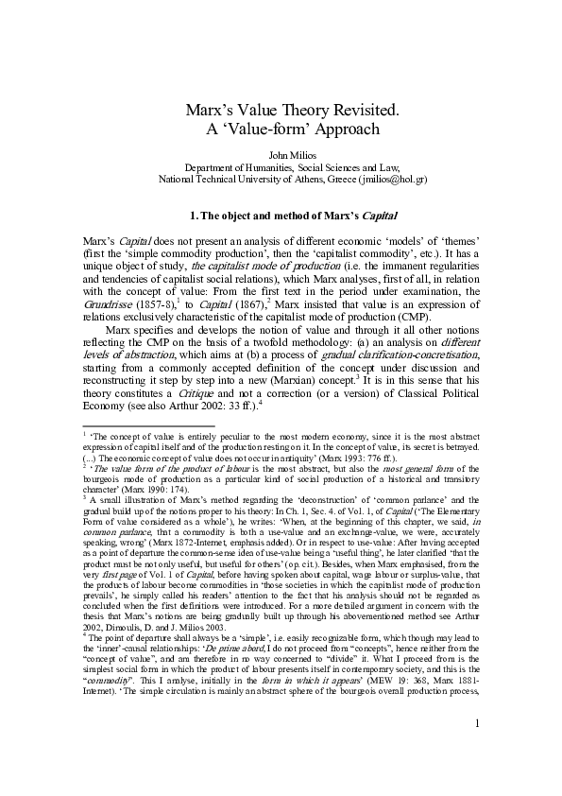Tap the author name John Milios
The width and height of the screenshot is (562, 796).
(281, 155)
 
